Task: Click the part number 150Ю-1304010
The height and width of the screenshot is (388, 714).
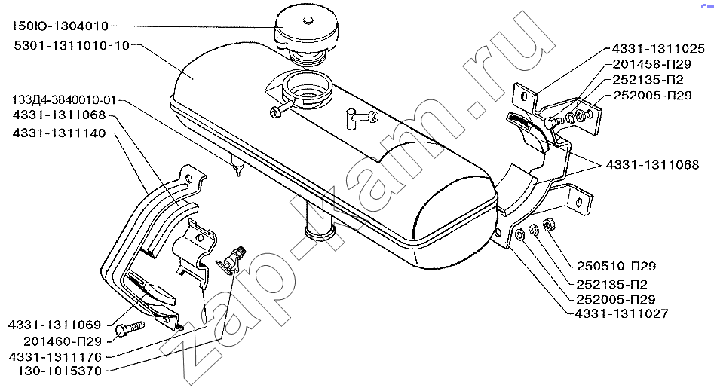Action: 60,26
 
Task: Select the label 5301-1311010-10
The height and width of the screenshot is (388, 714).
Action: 72,46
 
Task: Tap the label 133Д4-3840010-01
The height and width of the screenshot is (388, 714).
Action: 64,99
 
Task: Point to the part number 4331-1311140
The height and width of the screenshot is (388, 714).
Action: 60,133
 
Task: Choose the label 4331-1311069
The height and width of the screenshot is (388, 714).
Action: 54,325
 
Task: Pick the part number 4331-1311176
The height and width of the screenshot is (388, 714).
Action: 55,356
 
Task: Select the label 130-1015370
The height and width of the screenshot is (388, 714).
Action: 60,371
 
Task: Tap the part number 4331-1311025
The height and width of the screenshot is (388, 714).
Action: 658,49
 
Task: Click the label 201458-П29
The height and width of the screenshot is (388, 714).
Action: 651,64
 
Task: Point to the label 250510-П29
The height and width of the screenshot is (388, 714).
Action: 616,266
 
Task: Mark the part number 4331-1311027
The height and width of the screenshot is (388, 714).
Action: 621,313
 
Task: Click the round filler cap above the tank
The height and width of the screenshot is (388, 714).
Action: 306,32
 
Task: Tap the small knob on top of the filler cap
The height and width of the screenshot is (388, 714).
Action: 308,20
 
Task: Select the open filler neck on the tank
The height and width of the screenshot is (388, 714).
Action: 307,90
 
